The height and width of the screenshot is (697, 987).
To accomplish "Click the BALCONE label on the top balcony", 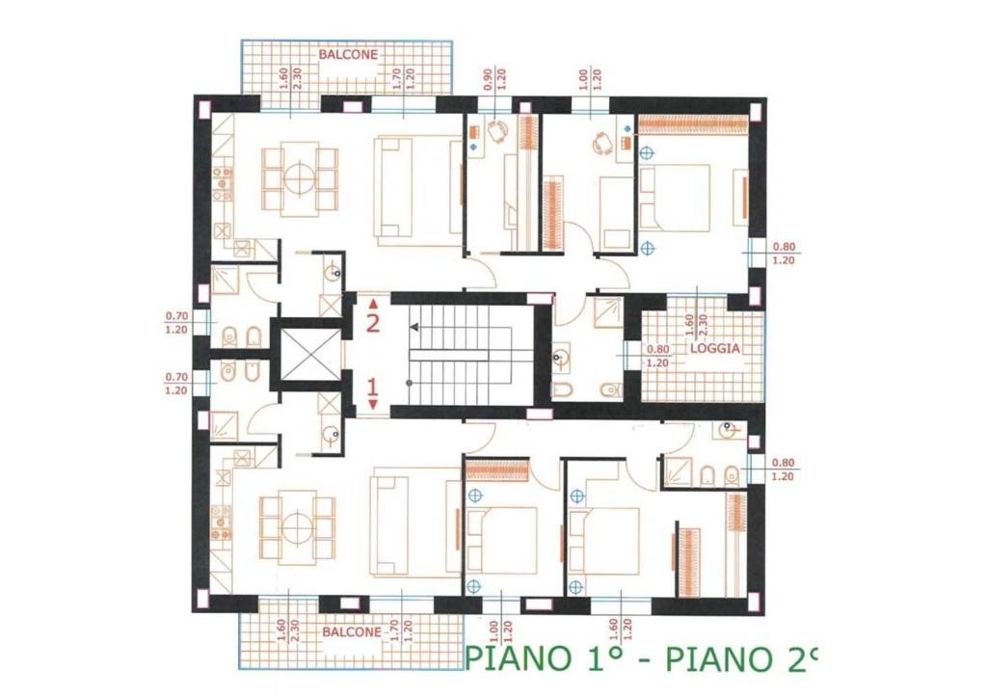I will click(348, 55).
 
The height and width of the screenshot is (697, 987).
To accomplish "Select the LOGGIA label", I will click(715, 349).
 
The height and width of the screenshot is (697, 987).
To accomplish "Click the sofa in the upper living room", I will click(418, 189).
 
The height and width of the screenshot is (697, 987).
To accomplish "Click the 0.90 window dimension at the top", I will click(488, 81).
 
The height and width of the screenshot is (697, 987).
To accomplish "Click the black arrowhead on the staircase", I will click(415, 329).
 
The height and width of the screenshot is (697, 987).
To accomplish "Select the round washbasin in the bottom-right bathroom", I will click(730, 431).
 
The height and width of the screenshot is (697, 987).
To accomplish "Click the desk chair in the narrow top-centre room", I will click(497, 134).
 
